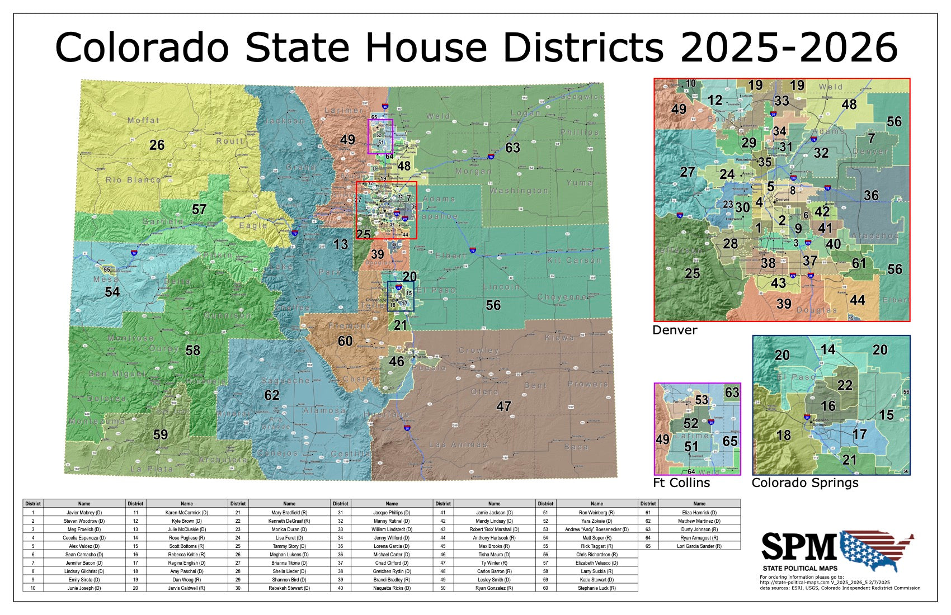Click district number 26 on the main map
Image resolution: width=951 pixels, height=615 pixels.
click(x=157, y=145)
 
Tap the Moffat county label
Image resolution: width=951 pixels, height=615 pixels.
click(x=143, y=120)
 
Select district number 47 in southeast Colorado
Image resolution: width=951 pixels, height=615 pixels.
click(x=503, y=406)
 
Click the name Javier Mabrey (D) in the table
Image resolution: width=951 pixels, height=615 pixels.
click(x=84, y=512)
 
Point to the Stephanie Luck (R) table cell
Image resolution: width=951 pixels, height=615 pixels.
click(x=596, y=588)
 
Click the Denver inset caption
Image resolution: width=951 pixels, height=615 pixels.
click(x=675, y=330)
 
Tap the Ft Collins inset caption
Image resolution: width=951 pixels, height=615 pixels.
click(x=681, y=482)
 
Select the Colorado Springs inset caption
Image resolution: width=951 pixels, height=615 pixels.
click(x=804, y=482)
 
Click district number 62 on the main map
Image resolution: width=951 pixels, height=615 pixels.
click(x=272, y=395)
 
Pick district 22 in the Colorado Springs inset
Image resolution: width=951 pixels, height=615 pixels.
click(x=845, y=385)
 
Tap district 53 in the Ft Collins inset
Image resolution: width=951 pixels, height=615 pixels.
click(x=702, y=400)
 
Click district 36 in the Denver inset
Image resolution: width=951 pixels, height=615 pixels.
click(x=871, y=195)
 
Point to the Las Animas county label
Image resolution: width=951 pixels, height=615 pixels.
click(x=458, y=444)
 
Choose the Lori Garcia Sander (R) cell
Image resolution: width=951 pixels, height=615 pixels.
click(x=699, y=546)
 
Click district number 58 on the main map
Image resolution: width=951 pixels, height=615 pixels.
click(x=192, y=350)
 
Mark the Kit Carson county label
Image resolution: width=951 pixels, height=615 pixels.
click(x=575, y=260)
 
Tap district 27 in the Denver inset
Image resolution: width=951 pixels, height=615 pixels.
click(x=688, y=172)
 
